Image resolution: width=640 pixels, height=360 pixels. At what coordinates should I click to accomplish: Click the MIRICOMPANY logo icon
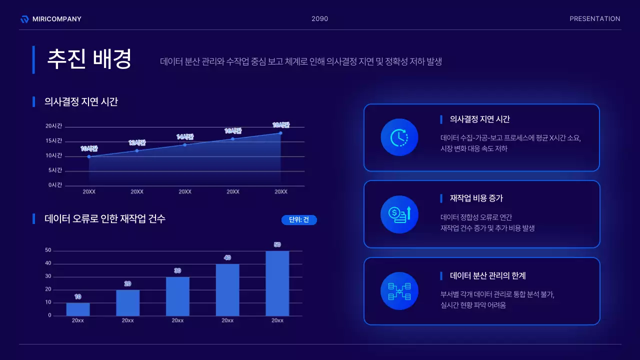[24, 19]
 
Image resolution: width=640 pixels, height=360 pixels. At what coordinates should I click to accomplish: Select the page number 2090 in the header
[319, 19]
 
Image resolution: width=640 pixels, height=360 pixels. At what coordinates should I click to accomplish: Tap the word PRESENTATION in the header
[594, 19]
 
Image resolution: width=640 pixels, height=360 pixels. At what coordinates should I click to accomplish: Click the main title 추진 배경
[89, 59]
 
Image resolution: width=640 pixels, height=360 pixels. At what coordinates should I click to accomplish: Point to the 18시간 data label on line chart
[281, 125]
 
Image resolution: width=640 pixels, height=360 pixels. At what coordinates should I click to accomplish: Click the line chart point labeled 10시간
[89, 156]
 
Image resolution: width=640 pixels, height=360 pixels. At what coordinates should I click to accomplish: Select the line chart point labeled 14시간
[185, 145]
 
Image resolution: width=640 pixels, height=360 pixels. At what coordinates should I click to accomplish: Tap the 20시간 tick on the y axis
[54, 126]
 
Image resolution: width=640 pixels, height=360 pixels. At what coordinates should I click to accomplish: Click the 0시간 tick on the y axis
[55, 185]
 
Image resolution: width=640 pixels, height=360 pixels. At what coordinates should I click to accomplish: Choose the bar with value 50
[277, 283]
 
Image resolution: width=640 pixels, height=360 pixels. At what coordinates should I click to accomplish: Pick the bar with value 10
[78, 309]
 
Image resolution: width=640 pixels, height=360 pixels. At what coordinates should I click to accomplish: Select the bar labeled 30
[177, 296]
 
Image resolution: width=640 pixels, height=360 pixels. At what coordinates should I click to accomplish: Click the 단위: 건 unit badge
[299, 220]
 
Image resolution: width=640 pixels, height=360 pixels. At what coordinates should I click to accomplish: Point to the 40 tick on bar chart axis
[48, 263]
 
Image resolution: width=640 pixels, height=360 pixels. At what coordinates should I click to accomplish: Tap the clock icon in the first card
[399, 137]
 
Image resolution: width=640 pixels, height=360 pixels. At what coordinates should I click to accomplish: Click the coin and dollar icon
[399, 214]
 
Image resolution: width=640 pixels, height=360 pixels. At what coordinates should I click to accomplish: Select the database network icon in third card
[399, 291]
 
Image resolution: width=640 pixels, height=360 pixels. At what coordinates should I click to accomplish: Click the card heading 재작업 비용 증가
[476, 198]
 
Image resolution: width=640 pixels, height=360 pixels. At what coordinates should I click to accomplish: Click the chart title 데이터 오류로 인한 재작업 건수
[105, 218]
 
